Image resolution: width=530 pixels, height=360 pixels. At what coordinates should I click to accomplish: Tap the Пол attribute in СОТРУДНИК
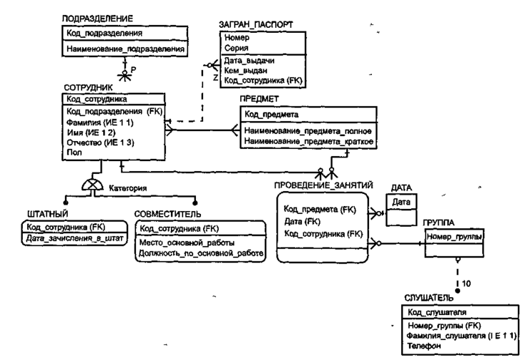[x=72, y=152]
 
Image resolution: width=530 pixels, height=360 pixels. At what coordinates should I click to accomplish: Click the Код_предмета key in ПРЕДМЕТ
[x=271, y=114]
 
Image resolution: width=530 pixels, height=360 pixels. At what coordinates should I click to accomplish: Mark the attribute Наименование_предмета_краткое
[x=310, y=142]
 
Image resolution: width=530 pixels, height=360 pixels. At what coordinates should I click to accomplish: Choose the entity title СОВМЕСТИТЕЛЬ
[x=167, y=214]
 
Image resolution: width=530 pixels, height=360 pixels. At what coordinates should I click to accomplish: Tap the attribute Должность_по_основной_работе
[x=200, y=252]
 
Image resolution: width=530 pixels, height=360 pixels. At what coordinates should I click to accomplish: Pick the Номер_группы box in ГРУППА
[x=452, y=236]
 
